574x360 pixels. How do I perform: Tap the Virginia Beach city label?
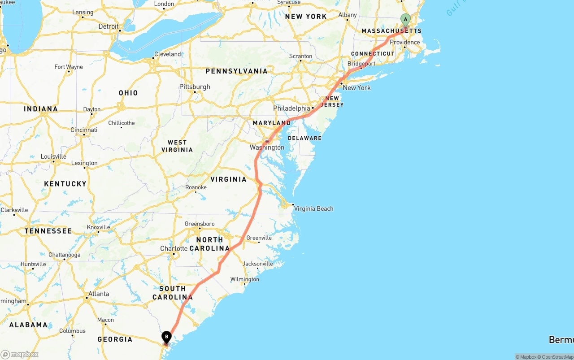coord(313,208)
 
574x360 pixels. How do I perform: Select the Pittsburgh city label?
coord(195,87)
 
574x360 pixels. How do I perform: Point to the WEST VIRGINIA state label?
coord(177,146)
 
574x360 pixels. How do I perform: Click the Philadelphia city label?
coord(291,108)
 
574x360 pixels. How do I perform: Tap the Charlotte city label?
coord(174,248)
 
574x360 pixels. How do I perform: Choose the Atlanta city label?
coord(99,294)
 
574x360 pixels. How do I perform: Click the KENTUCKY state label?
coord(65,184)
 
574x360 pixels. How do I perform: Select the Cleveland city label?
coord(168,54)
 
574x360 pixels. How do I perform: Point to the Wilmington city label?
coord(245,279)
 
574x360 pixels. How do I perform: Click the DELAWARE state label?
coord(305,138)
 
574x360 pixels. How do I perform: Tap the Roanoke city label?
coord(196,187)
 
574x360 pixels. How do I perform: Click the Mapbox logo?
coord(20,354)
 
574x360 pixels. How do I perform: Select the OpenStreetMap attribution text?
coord(556,357)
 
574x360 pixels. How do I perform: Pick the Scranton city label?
coord(300,56)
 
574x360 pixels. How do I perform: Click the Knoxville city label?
coord(99,227)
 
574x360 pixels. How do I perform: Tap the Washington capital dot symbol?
coord(267,142)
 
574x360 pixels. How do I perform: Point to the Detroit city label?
coord(109,26)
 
